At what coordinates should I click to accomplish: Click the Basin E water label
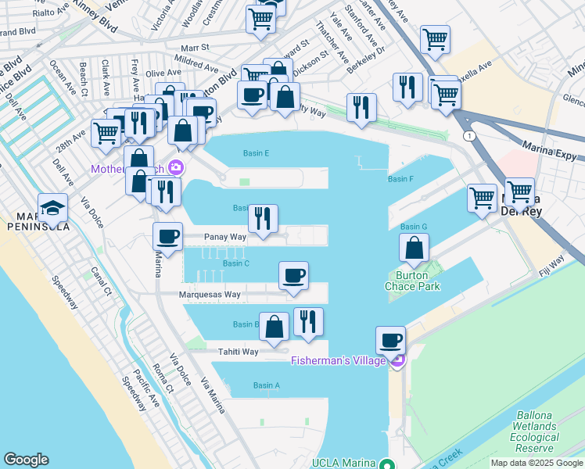click(256, 153)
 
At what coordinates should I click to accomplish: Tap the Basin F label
click(400, 179)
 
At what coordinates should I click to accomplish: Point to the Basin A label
click(266, 385)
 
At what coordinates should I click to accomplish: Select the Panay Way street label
click(225, 236)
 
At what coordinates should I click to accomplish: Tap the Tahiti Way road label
click(238, 352)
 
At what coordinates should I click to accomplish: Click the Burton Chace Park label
click(412, 281)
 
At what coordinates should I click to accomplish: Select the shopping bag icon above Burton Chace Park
click(414, 249)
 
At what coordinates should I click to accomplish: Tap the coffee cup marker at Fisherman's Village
click(390, 340)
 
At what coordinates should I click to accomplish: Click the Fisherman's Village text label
click(338, 360)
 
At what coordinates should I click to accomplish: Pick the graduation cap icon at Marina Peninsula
click(52, 207)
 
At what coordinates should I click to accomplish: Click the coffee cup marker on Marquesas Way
click(294, 275)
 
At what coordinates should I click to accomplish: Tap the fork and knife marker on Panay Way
click(263, 218)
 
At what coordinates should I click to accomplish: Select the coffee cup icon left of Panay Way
click(167, 235)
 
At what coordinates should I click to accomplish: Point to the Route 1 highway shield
click(467, 136)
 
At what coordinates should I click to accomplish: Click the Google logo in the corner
click(26, 460)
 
